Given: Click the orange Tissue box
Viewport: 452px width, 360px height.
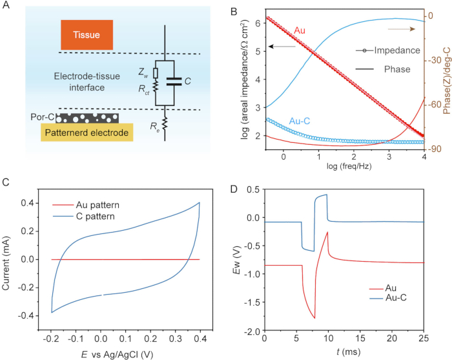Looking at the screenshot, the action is (87, 35).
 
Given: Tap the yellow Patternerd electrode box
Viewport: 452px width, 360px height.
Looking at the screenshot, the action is (87, 132).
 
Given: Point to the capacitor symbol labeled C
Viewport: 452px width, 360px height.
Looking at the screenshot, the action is (174, 81).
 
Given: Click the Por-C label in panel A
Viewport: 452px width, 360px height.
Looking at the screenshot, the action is (43, 117).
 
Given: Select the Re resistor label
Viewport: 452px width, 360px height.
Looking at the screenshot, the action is (155, 126).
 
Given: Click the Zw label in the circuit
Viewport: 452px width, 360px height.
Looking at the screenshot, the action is (143, 72).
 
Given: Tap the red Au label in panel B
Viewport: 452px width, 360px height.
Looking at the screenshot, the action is (300, 30).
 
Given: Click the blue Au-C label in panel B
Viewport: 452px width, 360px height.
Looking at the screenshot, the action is (300, 121).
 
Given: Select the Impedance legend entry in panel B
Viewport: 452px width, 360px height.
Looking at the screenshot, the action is (387, 50).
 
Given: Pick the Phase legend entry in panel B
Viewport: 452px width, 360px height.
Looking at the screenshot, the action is (383, 69).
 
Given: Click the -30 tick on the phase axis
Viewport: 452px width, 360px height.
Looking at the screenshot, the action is (434, 60).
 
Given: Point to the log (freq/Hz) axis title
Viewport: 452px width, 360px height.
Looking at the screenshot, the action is (349, 166).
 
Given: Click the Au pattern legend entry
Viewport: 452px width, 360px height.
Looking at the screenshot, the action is (86, 205).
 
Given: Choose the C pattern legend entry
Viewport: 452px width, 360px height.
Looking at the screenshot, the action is (83, 217).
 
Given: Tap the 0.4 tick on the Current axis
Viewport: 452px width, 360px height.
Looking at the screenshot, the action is (28, 203).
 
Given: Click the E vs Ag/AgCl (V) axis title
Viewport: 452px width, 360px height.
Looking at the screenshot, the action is (117, 354).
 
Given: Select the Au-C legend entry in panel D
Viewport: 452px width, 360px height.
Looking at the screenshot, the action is (388, 297).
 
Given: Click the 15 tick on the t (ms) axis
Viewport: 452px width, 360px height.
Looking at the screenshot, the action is (360, 338).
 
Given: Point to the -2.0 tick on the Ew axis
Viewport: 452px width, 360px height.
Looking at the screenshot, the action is (252, 330).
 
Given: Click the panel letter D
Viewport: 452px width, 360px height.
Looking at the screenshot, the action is (234, 189).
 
